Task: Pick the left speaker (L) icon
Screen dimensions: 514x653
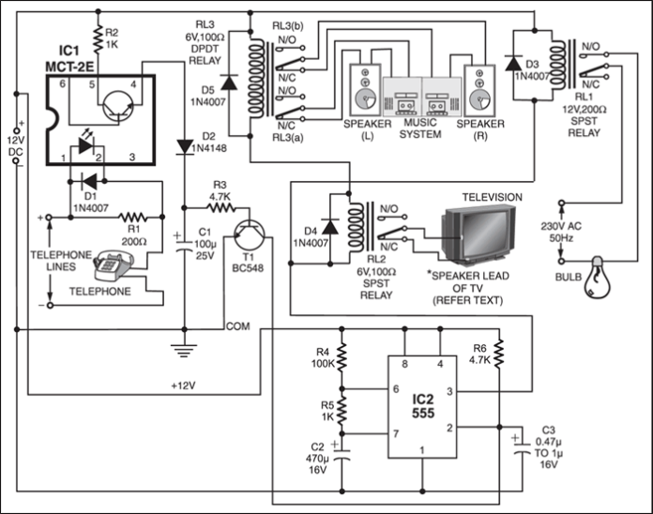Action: coord(363,90)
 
